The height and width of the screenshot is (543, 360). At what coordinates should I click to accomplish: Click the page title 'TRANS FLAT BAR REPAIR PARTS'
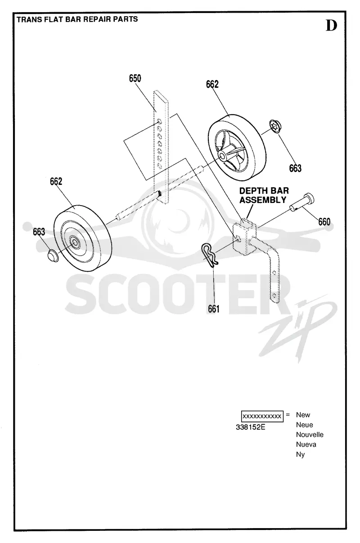77,19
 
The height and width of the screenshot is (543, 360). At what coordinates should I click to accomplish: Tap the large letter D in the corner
331,25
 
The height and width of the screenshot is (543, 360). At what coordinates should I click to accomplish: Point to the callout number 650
135,78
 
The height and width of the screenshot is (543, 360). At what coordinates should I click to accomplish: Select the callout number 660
324,221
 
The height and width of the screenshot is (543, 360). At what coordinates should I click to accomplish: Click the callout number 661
214,309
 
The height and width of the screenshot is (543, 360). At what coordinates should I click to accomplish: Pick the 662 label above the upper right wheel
212,84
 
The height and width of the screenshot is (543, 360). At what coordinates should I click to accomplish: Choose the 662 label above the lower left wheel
56,181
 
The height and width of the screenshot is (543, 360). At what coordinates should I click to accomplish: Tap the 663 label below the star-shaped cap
295,168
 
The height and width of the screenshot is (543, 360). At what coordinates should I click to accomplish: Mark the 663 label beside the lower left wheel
39,232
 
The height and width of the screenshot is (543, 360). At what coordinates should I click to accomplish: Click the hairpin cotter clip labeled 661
209,255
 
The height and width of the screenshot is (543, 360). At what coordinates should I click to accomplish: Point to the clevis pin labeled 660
302,202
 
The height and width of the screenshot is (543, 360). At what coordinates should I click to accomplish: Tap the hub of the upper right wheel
222,155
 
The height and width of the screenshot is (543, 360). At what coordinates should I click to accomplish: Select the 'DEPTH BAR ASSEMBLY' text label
264,195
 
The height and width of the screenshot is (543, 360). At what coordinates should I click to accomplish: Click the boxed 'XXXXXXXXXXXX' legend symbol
262,417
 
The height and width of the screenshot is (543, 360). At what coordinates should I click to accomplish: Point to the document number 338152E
250,427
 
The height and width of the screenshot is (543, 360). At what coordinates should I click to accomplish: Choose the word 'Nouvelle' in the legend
310,435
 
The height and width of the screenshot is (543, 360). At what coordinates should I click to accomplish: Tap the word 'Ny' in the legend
300,454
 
